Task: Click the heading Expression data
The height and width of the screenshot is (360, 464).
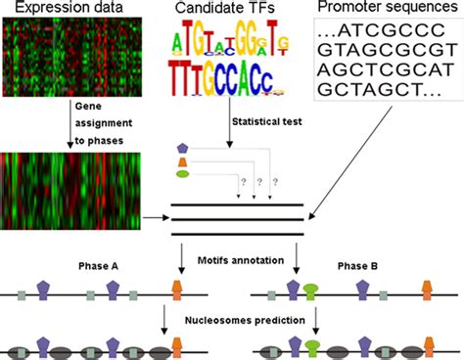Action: pos(56,10)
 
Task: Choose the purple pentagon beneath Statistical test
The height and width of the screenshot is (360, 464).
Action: pos(182,148)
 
